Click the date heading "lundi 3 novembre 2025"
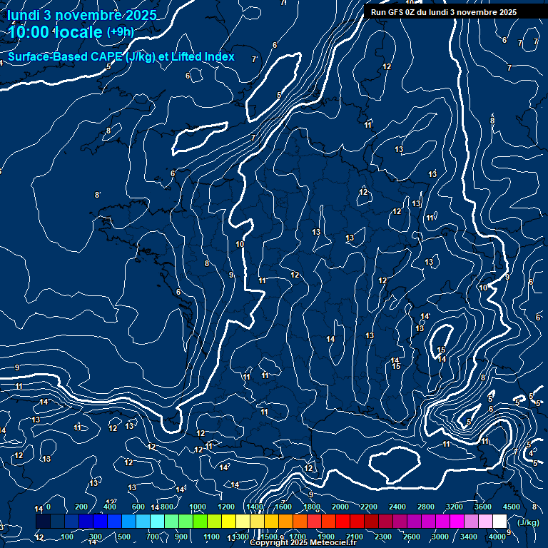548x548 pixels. (82, 16)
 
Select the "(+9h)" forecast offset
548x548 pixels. (120, 32)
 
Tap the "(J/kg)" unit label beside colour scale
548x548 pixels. (528, 522)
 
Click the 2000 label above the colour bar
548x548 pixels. (340, 507)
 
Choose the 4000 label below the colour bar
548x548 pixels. (497, 537)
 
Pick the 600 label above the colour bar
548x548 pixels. (138, 507)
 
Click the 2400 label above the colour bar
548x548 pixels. (397, 507)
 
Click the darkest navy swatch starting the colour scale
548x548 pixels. (43, 522)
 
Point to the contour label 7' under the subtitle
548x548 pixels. (254, 59)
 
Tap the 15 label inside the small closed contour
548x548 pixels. (442, 350)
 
